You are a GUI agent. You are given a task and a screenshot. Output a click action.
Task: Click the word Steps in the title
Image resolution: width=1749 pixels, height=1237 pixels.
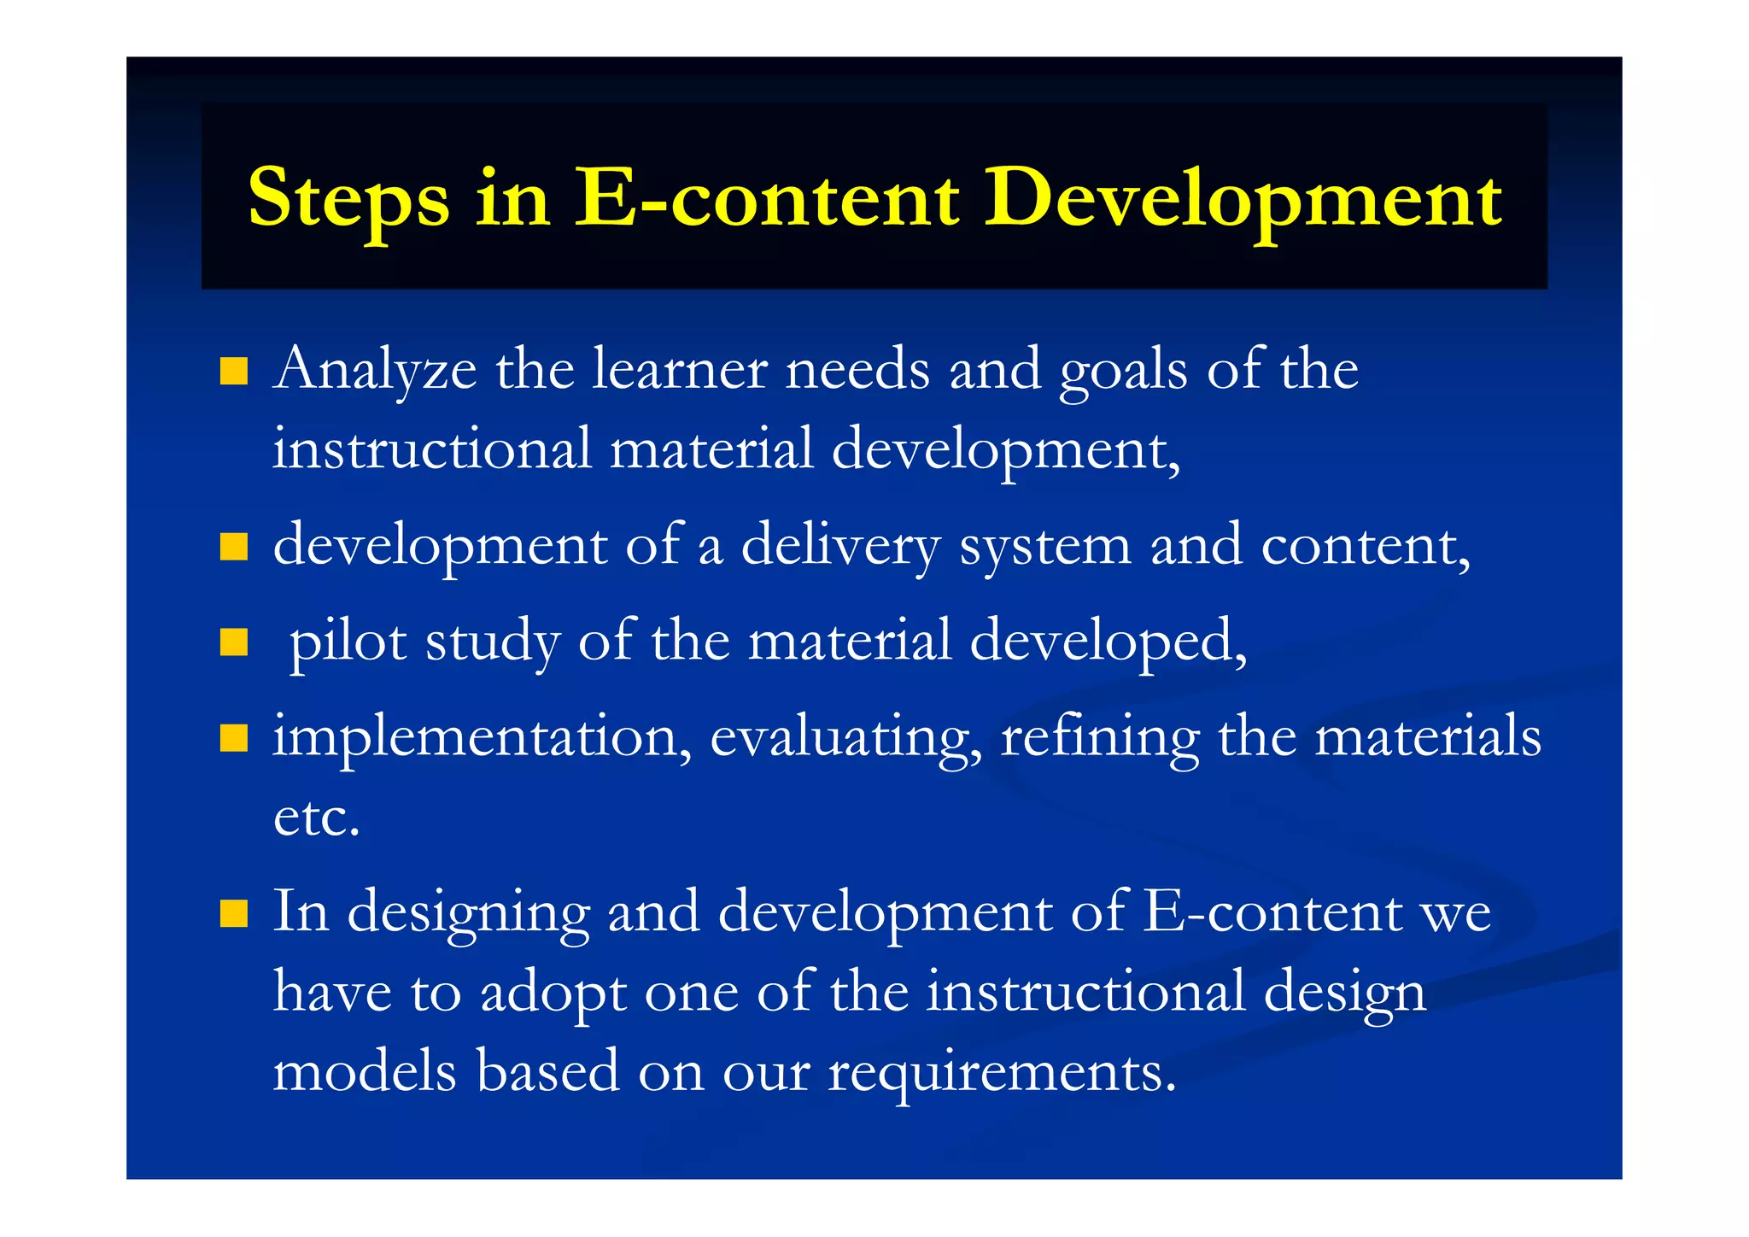click(348, 200)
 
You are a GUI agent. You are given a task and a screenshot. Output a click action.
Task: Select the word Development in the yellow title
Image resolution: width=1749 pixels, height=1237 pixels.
click(1243, 200)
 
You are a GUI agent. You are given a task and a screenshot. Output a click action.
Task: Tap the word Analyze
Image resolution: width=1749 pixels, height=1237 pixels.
click(375, 371)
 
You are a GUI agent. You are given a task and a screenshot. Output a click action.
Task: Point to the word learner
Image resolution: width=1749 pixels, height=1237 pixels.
click(680, 369)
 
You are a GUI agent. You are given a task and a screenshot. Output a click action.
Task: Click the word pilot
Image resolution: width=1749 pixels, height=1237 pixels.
click(348, 641)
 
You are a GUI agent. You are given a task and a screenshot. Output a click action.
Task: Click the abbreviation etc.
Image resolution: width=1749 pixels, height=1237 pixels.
click(316, 818)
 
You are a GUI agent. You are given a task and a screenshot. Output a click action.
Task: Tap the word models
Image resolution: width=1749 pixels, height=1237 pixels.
click(365, 1071)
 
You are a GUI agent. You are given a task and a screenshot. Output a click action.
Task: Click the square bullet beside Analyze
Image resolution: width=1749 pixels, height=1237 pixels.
click(233, 372)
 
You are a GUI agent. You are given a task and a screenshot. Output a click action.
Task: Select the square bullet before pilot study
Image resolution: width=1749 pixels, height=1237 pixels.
click(233, 642)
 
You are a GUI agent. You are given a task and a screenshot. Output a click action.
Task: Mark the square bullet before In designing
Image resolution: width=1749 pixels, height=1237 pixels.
click(233, 913)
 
